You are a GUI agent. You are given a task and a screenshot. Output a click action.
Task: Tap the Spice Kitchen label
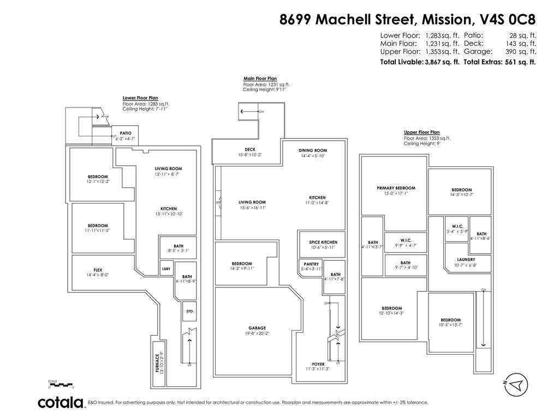click(x=323, y=242)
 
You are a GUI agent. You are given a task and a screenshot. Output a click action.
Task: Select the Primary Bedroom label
click(x=396, y=188)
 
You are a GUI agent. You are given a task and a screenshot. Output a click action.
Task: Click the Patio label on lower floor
click(x=126, y=133)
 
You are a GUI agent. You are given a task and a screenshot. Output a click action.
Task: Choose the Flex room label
click(x=98, y=270)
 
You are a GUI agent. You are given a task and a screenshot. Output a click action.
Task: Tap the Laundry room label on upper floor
click(x=465, y=260)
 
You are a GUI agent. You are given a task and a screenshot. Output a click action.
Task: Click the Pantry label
click(x=311, y=264)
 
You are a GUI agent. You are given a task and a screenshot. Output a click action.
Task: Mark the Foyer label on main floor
click(x=318, y=364)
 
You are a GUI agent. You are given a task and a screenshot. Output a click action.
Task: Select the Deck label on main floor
click(x=250, y=149)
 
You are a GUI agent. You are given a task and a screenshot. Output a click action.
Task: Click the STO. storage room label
click(x=190, y=311)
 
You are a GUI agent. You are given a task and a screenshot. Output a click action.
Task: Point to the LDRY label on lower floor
click(x=166, y=268)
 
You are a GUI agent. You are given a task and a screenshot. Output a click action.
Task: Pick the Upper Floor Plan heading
click(x=421, y=133)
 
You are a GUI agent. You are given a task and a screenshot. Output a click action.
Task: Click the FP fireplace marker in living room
click(x=218, y=203)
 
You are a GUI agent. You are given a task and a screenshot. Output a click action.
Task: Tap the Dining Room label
click(x=313, y=151)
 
